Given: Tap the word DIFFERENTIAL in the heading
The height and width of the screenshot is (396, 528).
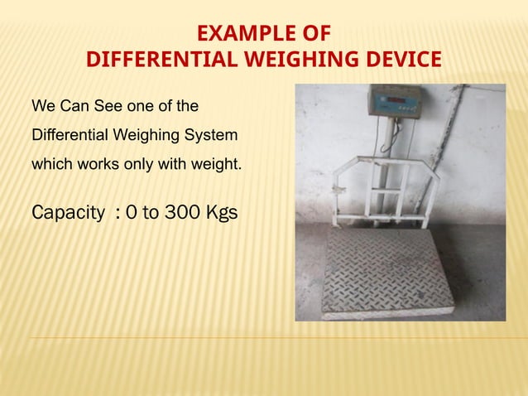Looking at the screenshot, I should (x=151, y=60).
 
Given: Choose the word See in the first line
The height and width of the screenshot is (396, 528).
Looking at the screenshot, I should (x=98, y=106).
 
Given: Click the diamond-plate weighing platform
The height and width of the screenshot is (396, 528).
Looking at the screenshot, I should (x=386, y=270).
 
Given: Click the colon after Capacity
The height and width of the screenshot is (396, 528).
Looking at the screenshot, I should (x=122, y=214).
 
